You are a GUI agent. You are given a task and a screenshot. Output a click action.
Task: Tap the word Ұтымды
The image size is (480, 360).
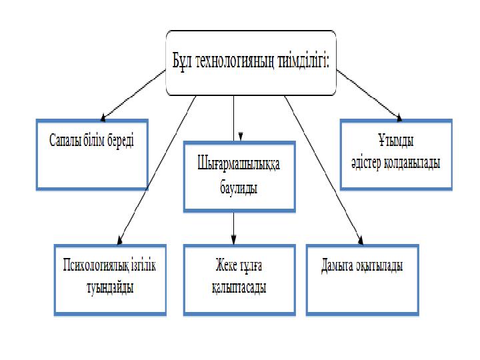point(396,143)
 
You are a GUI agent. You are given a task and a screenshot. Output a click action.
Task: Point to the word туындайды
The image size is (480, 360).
point(109,287)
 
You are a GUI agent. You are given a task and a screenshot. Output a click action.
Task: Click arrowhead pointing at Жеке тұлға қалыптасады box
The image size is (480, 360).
point(233,239)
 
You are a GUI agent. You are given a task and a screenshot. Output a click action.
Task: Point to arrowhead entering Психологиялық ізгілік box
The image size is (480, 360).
point(119,241)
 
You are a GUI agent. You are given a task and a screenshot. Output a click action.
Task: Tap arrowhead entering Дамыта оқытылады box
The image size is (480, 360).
point(361,240)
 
